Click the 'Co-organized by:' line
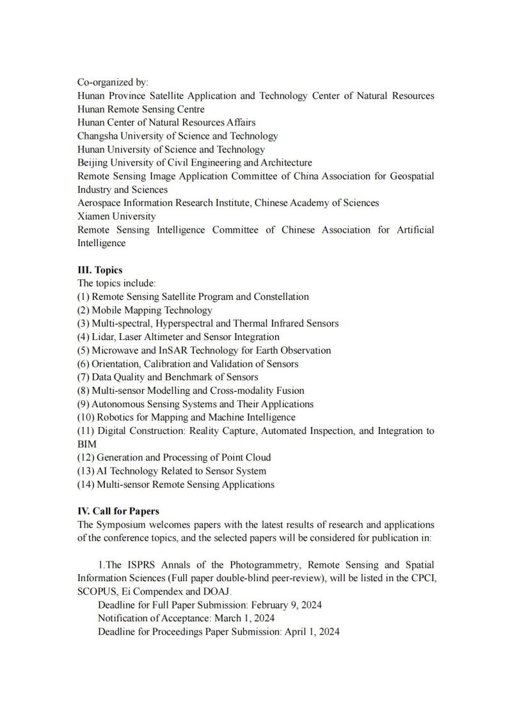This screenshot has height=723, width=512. (x=113, y=82)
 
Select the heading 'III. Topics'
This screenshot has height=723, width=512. (x=100, y=270)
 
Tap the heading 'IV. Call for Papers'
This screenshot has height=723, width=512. (x=118, y=511)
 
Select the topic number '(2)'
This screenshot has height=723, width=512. (x=83, y=310)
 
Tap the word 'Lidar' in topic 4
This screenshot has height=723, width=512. (x=102, y=337)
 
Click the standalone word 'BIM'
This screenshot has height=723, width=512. (x=86, y=444)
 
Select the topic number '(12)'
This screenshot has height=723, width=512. (x=86, y=457)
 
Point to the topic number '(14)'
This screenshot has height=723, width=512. (x=86, y=484)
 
